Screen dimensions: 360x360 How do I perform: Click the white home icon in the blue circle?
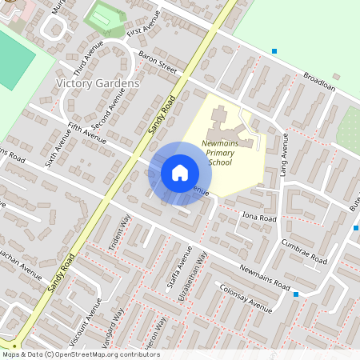coord(180,173)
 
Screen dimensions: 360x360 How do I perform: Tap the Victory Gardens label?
coord(98,83)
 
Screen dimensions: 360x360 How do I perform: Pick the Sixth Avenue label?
coord(58,146)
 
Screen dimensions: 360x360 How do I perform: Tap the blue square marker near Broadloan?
coord(274,51)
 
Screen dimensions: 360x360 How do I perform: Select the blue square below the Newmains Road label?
coord(296,294)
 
